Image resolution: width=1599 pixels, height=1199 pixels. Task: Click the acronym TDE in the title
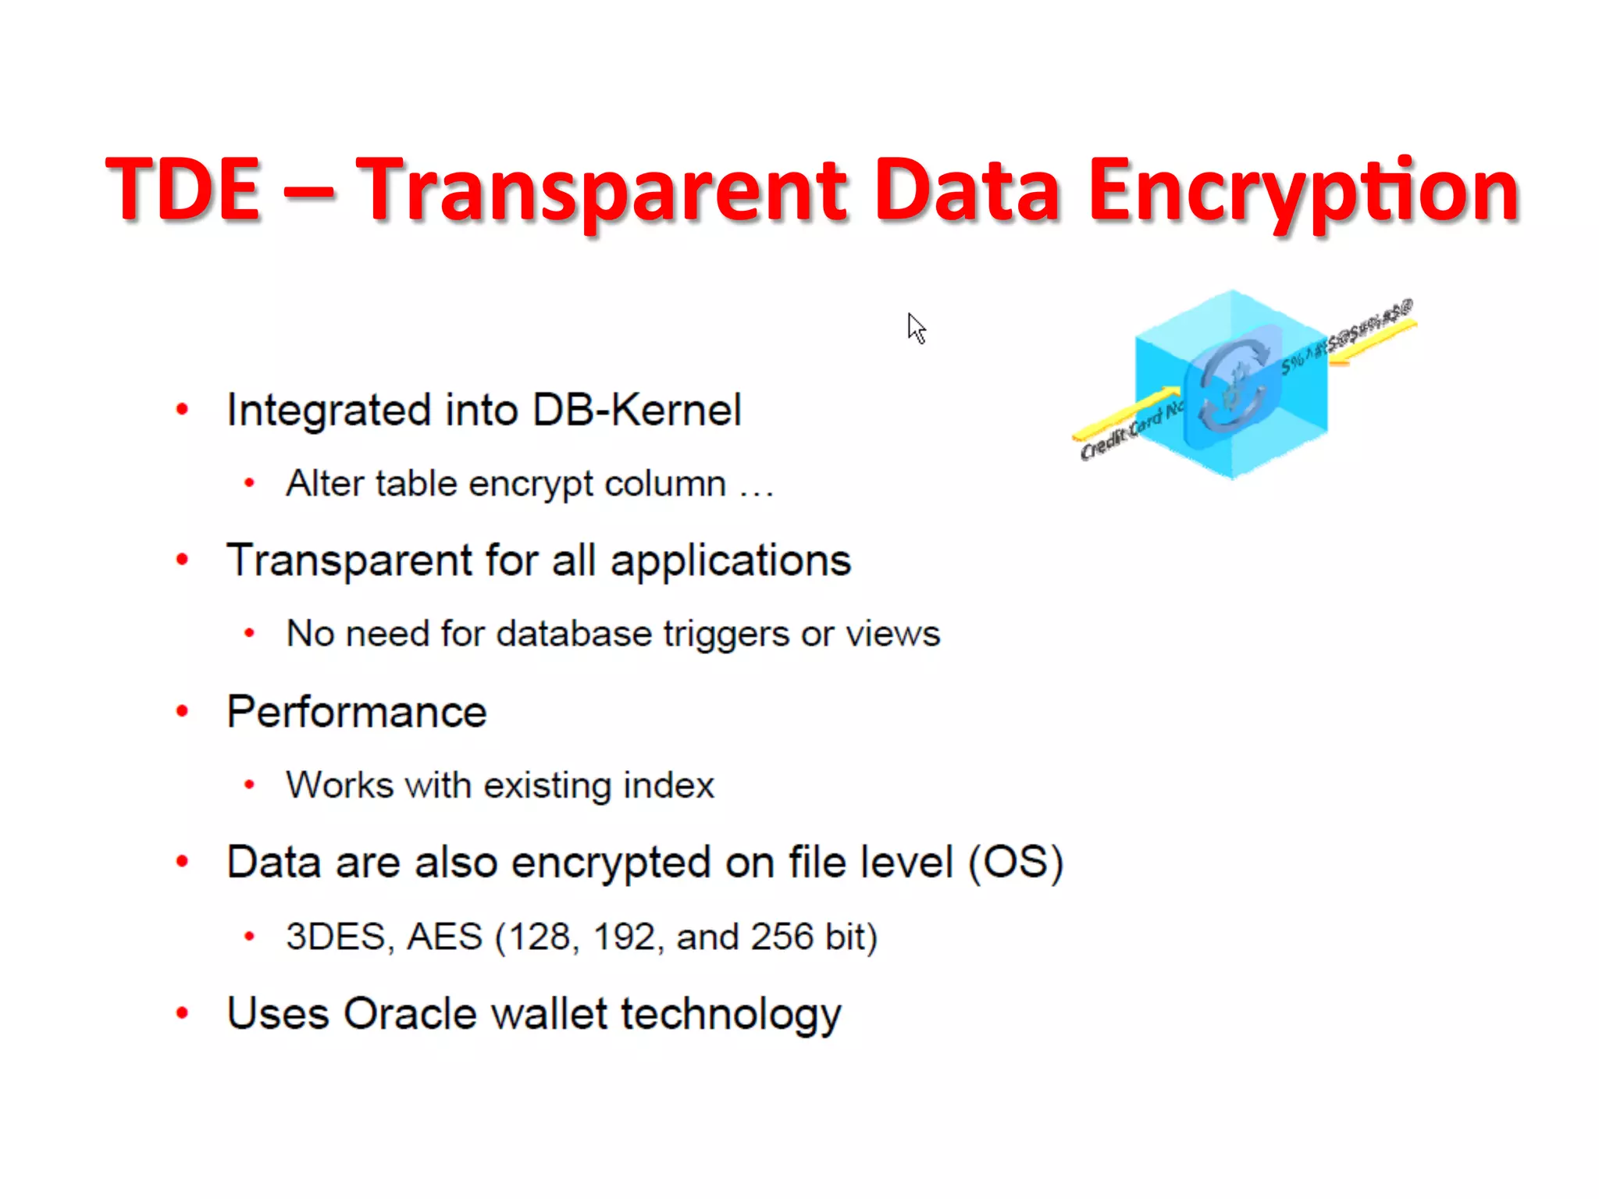[183, 189]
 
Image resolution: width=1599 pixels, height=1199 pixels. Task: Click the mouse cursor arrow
[916, 327]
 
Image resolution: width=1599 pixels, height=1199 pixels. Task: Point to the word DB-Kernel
[636, 410]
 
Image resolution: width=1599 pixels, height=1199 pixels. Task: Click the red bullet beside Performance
[183, 711]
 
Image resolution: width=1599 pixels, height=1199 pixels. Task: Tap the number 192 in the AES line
[623, 937]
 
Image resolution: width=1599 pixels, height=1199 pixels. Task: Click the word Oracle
[410, 1014]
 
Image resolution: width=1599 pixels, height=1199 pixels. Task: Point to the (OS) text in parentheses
[1016, 863]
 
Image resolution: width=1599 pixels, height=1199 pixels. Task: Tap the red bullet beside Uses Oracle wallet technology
[183, 1014]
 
